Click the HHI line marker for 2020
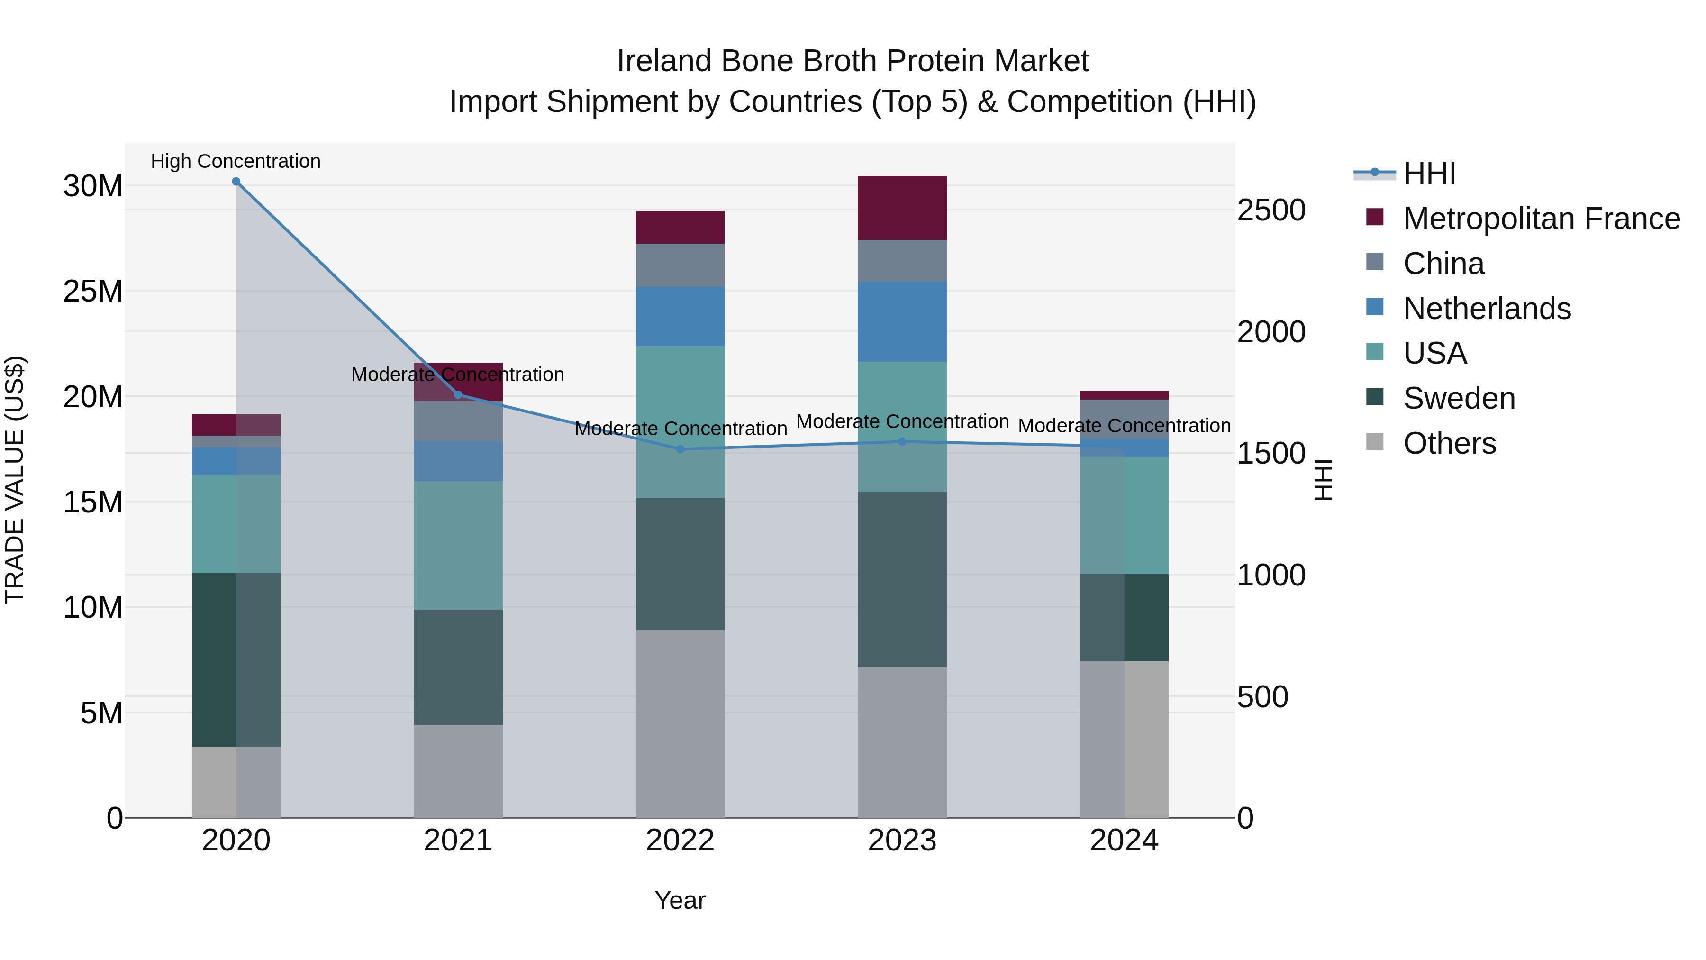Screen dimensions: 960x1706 click(236, 182)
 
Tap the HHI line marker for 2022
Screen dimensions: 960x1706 click(680, 449)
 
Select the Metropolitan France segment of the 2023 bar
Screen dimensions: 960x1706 click(902, 208)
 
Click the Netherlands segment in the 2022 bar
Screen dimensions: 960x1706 click(680, 316)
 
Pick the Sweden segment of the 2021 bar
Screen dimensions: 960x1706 click(458, 667)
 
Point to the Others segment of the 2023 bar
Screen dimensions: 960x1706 click(902, 742)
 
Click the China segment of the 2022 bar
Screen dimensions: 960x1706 click(680, 265)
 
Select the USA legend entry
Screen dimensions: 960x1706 click(1434, 353)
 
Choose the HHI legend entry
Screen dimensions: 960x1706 click(1429, 174)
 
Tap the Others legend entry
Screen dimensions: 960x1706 click(1449, 443)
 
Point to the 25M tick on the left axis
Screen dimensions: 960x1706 click(93, 292)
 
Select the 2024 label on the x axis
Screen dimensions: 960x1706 click(1124, 841)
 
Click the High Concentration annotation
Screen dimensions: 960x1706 click(236, 161)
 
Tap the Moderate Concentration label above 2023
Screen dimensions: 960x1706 click(902, 421)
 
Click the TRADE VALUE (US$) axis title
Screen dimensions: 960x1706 click(15, 480)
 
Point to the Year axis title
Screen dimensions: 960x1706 click(680, 900)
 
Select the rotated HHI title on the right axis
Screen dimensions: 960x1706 click(1323, 480)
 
